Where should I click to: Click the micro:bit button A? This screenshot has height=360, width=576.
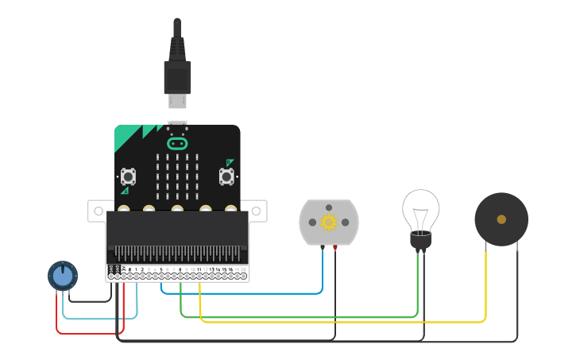[128, 176]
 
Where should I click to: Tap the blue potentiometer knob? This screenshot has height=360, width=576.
[63, 276]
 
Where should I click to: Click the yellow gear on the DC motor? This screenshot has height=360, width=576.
[329, 222]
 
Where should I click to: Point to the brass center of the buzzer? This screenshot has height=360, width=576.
[501, 219]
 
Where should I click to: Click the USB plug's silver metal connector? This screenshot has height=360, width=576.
[177, 101]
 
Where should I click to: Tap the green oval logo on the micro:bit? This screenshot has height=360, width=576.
[177, 144]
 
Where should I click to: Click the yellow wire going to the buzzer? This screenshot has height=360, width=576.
[342, 322]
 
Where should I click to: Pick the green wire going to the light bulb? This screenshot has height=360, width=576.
[302, 317]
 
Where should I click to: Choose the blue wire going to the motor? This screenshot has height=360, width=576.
[238, 293]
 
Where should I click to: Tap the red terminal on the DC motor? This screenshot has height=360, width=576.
[334, 248]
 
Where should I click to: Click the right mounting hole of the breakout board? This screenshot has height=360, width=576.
[257, 211]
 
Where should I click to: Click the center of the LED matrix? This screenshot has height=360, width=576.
[177, 176]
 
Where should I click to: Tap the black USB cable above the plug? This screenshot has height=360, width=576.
[177, 36]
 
